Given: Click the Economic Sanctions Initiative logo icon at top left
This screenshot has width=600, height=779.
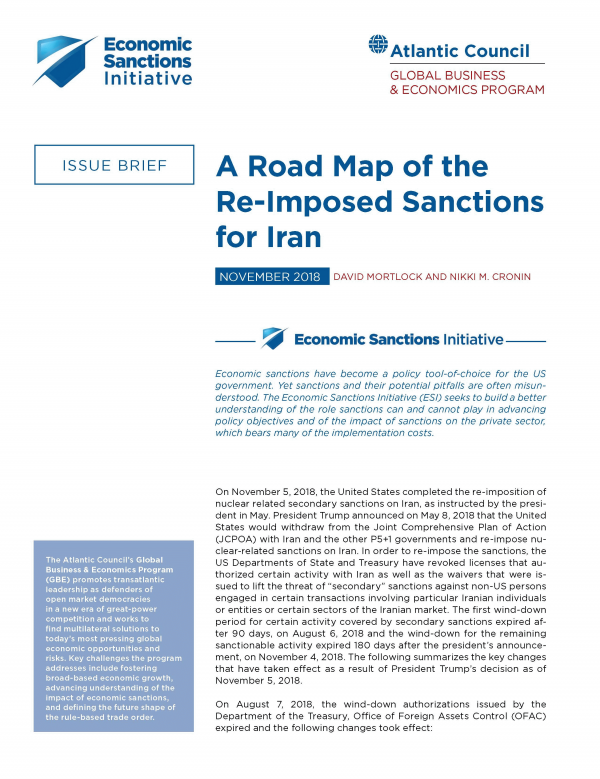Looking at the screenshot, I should (66, 59).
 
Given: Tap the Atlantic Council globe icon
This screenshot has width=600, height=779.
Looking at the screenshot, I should (378, 45).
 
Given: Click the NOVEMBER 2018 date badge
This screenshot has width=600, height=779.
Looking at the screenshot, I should (269, 276).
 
